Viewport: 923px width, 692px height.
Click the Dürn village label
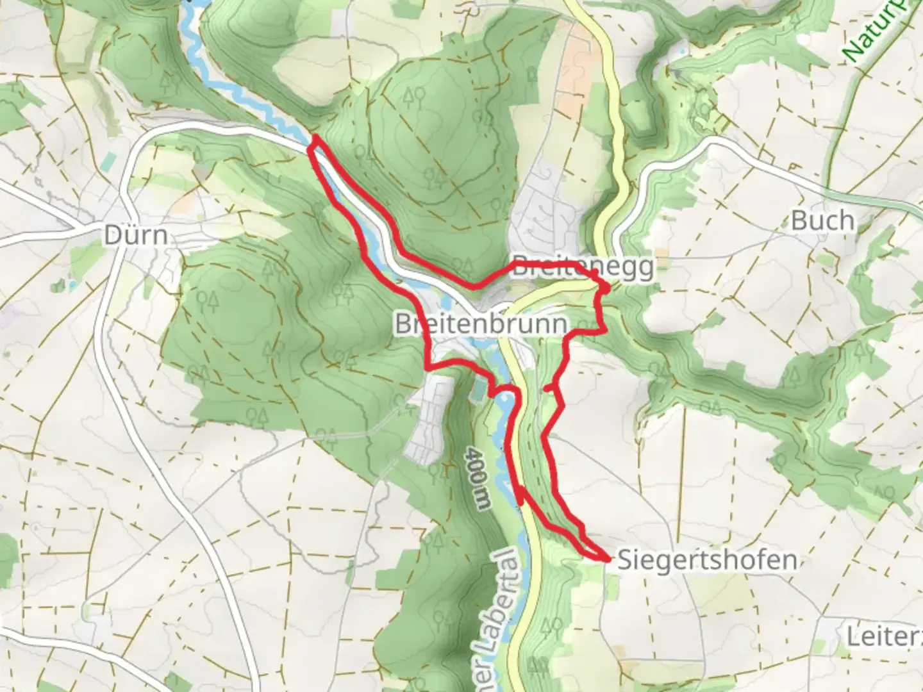coord(136,235)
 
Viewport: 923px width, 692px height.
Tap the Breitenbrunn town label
coord(481,324)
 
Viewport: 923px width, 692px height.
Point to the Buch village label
coord(822,221)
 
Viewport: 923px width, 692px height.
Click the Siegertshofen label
coord(707,560)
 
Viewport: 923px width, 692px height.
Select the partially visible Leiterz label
coord(883,637)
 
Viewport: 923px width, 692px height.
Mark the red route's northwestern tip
coord(315,138)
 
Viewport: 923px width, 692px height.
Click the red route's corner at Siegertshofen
coord(606,559)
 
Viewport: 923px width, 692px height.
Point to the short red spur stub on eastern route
coord(549,388)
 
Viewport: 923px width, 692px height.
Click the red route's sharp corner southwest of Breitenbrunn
coord(428,367)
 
